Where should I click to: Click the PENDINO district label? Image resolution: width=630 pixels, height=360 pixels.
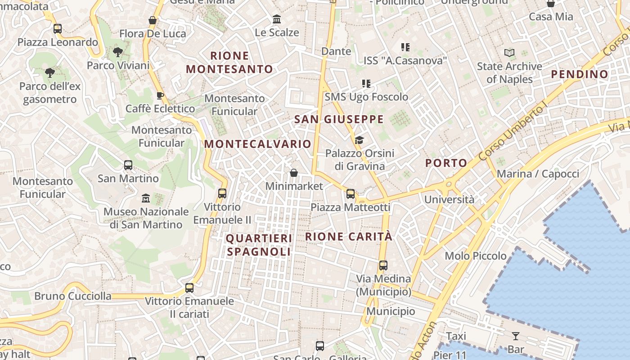pyautogui.click(x=580, y=74)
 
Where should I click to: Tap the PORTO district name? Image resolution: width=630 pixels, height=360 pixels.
pyautogui.click(x=446, y=163)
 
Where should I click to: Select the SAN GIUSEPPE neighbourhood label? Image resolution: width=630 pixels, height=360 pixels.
pyautogui.click(x=339, y=119)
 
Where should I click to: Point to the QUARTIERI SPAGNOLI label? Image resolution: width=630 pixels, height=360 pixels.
pyautogui.click(x=259, y=245)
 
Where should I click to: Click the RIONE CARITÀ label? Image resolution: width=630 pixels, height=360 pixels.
pyautogui.click(x=349, y=236)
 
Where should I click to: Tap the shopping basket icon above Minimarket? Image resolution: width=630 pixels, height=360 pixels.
pyautogui.click(x=294, y=173)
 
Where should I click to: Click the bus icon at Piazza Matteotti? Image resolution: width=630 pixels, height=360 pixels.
pyautogui.click(x=351, y=194)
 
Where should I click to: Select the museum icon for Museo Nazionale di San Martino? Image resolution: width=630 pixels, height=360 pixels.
pyautogui.click(x=146, y=198)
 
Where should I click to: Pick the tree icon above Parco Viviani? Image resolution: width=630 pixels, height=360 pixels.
pyautogui.click(x=118, y=52)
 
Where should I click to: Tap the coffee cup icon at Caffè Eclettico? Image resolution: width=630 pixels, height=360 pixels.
pyautogui.click(x=160, y=95)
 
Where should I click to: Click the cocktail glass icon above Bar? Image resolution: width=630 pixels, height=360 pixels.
pyautogui.click(x=516, y=336)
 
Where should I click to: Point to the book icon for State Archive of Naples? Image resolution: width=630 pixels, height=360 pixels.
pyautogui.click(x=509, y=53)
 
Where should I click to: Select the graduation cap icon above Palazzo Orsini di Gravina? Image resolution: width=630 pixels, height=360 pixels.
pyautogui.click(x=359, y=140)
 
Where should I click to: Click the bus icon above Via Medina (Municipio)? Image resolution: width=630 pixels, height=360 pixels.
pyautogui.click(x=383, y=265)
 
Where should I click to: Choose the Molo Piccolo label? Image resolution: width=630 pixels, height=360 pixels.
pyautogui.click(x=476, y=256)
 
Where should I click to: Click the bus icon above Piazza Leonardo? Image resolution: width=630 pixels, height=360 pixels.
pyautogui.click(x=58, y=29)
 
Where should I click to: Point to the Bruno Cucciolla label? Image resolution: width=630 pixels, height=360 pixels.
pyautogui.click(x=73, y=296)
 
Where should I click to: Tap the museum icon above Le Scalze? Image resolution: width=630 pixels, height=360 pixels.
pyautogui.click(x=277, y=19)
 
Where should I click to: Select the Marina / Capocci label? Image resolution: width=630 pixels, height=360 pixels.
pyautogui.click(x=538, y=174)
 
